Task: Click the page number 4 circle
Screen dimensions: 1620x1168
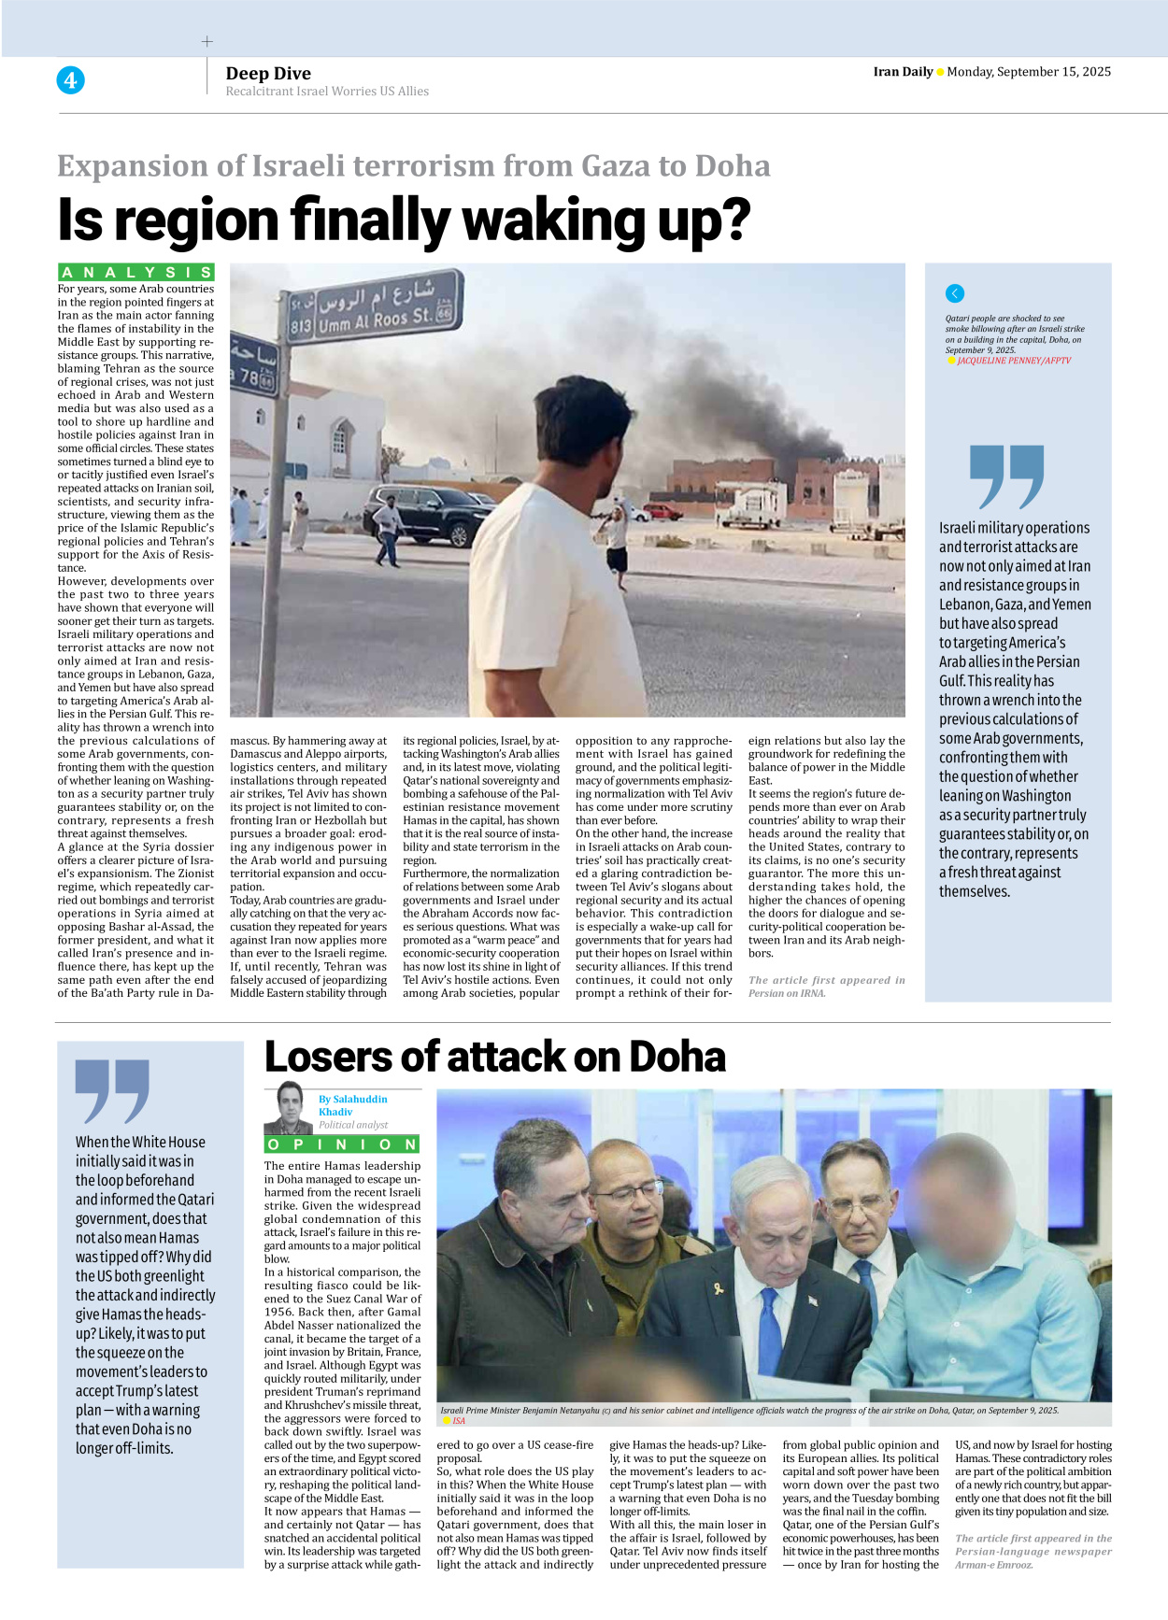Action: (70, 80)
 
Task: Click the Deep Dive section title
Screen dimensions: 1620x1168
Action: (268, 73)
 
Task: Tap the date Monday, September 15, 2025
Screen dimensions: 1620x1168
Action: (1028, 72)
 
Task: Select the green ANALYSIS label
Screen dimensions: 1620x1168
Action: (136, 272)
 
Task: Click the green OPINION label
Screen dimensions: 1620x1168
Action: (342, 1144)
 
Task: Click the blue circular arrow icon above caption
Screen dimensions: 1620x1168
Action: (954, 293)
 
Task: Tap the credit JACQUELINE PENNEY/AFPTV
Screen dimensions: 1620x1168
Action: (1013, 361)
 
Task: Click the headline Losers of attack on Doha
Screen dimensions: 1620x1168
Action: (495, 1057)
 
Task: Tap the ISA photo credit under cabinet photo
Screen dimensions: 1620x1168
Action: (459, 1421)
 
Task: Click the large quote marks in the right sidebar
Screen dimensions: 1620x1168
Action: (1005, 476)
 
